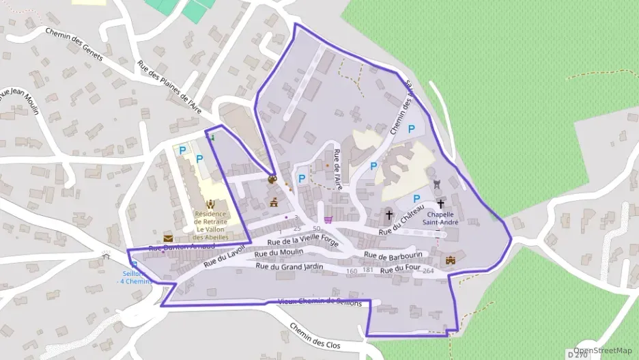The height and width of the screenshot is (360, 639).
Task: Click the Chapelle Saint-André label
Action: (x=440, y=217)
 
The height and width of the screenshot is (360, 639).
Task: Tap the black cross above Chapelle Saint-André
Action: (x=440, y=204)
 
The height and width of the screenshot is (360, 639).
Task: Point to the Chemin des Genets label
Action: (x=73, y=44)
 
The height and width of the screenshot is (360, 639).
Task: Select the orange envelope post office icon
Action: (x=168, y=237)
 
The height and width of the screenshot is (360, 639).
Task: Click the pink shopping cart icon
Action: (x=329, y=220)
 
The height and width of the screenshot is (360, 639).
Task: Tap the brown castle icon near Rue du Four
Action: (x=451, y=260)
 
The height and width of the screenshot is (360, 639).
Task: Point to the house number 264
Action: (x=429, y=271)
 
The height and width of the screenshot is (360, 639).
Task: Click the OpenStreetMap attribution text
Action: (x=603, y=350)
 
